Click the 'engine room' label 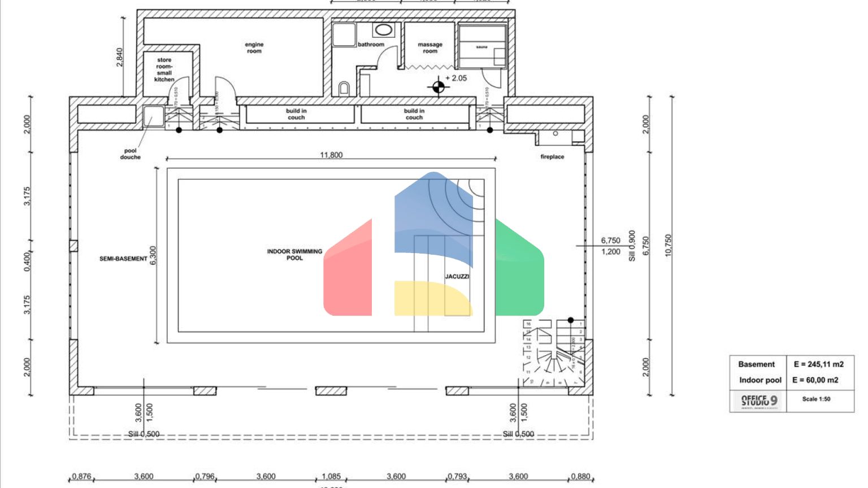point(254,47)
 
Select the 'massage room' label point(430,47)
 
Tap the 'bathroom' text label point(371,45)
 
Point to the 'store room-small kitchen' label point(164,69)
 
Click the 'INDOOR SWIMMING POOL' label point(294,255)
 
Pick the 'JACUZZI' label point(457,276)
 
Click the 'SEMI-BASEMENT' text point(123,259)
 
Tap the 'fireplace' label point(552,157)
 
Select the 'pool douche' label point(130,154)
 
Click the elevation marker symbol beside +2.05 point(438,86)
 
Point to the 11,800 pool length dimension point(331,155)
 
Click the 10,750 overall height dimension point(669,246)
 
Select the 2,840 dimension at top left point(119,57)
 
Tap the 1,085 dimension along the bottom point(331,476)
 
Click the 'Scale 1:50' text point(816,399)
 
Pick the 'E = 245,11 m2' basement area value point(818,364)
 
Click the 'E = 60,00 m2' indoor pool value point(815,380)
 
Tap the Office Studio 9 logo point(759,401)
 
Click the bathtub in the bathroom point(384,30)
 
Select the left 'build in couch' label point(296,114)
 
